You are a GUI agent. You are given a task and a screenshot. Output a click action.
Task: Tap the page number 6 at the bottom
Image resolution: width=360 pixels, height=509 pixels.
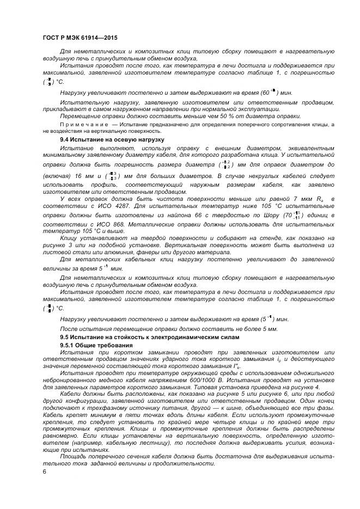pos(44,471)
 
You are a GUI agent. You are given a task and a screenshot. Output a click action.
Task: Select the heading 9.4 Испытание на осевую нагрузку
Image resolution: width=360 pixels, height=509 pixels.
pos(112,140)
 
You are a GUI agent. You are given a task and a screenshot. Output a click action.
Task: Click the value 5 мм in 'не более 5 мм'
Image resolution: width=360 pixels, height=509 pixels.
pos(256,329)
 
